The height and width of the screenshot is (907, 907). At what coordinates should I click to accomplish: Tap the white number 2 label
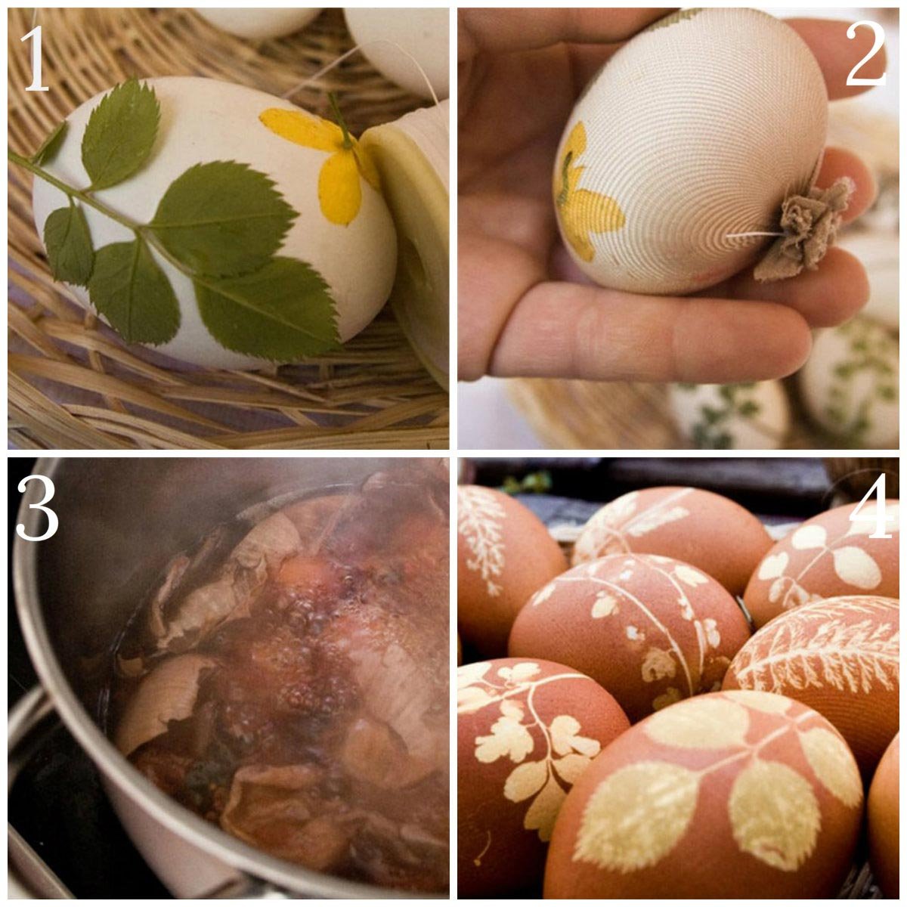point(865,54)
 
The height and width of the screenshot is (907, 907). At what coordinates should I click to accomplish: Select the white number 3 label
point(37,509)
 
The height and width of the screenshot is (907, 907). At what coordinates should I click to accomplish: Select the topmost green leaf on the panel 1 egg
point(120,134)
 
